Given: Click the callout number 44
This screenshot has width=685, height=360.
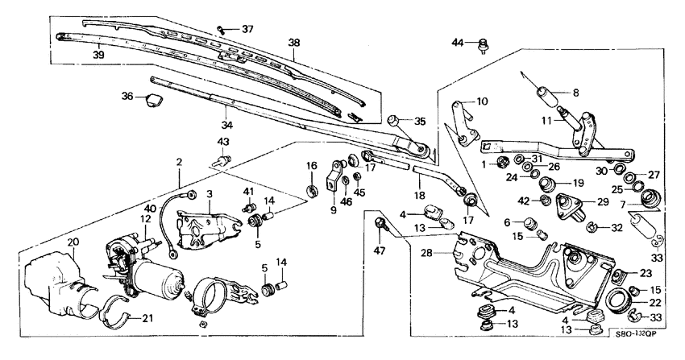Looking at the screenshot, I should pos(457,42).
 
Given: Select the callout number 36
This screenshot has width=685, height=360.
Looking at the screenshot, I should pos(127,96).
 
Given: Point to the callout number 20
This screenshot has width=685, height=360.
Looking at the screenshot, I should pos(73,242).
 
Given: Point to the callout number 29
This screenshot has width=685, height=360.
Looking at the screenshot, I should pos(602,201).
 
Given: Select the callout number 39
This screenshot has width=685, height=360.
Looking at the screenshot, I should pos(99,56).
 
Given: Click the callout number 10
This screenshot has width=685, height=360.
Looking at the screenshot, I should pos(483,101).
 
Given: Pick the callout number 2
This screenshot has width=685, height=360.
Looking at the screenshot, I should pos(180,163).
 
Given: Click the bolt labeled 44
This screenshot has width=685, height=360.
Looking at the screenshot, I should pos(482,44).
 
